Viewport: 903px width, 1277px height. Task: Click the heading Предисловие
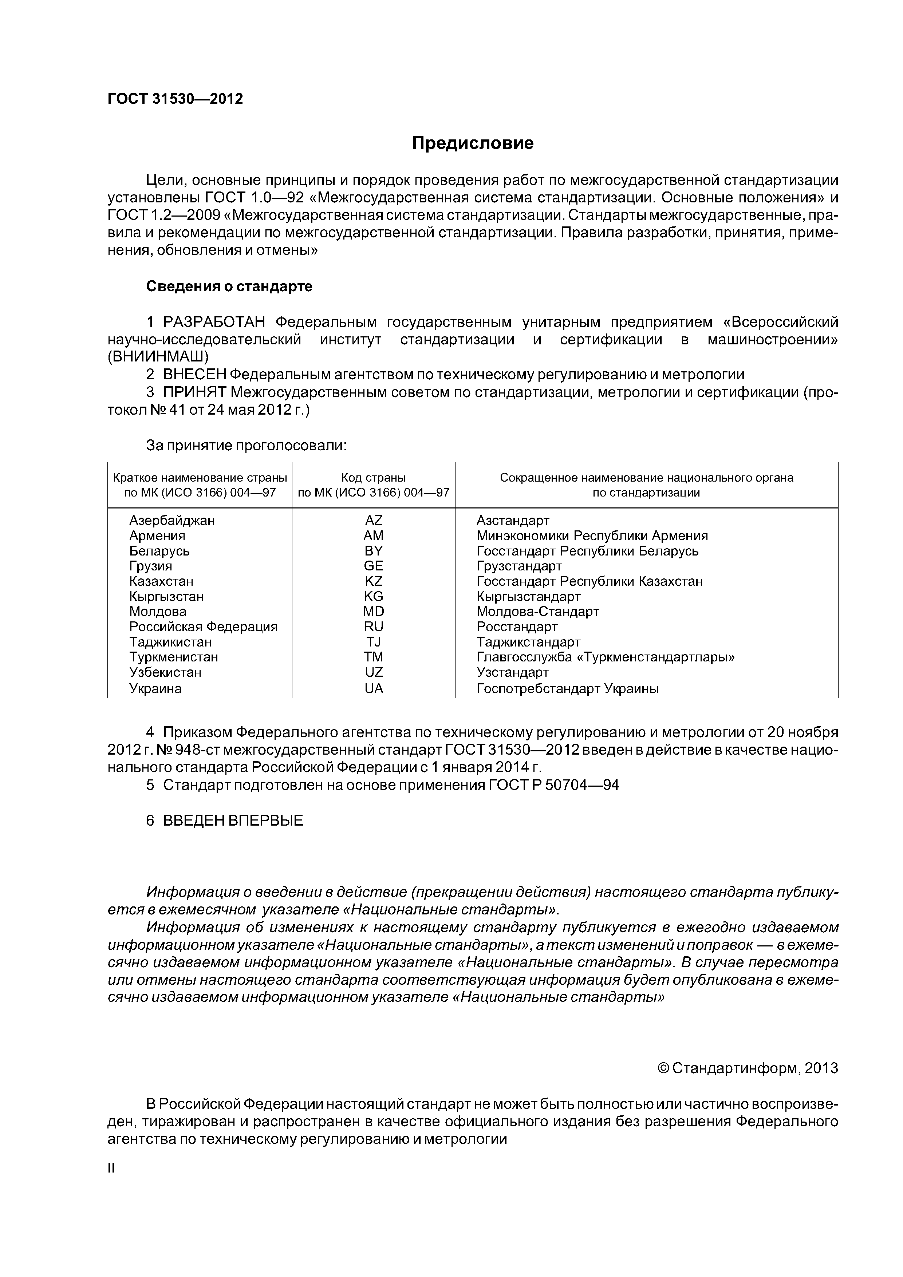(x=472, y=143)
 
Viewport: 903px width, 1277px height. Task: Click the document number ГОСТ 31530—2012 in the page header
(x=175, y=99)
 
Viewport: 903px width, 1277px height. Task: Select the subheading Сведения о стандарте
(x=229, y=286)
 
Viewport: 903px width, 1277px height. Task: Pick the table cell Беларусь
(x=160, y=551)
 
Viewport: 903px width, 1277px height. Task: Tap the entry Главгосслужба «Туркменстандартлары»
(x=606, y=657)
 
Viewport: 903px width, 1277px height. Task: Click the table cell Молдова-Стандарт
(x=537, y=611)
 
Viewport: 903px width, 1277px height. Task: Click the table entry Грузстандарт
(x=519, y=566)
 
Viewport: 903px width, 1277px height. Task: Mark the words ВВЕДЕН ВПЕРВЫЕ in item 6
(x=233, y=821)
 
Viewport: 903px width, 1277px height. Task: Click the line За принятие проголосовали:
(x=247, y=446)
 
